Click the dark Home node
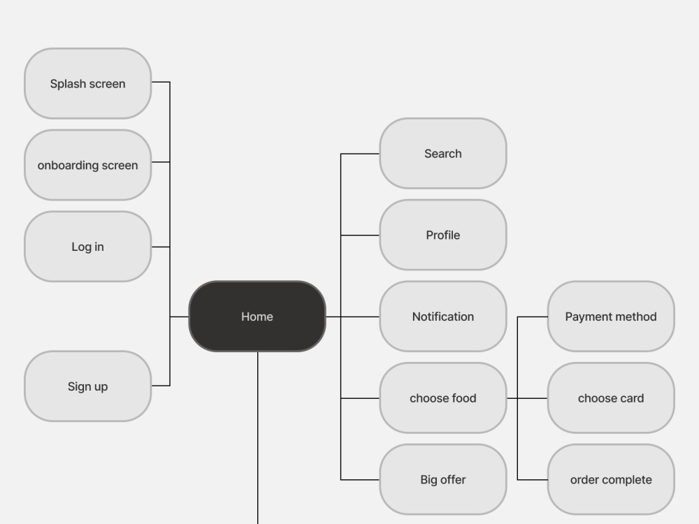(257, 316)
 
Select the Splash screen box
(88, 83)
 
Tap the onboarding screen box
(88, 165)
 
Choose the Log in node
(88, 247)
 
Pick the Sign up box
(88, 386)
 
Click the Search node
(442, 153)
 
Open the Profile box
(442, 235)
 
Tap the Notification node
(442, 316)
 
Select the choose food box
(442, 398)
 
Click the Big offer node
(442, 479)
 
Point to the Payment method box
(611, 316)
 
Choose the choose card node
(611, 398)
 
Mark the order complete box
(611, 479)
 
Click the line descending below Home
(258, 438)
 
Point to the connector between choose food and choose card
(527, 398)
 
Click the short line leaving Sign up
(161, 386)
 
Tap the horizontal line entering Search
(360, 154)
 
